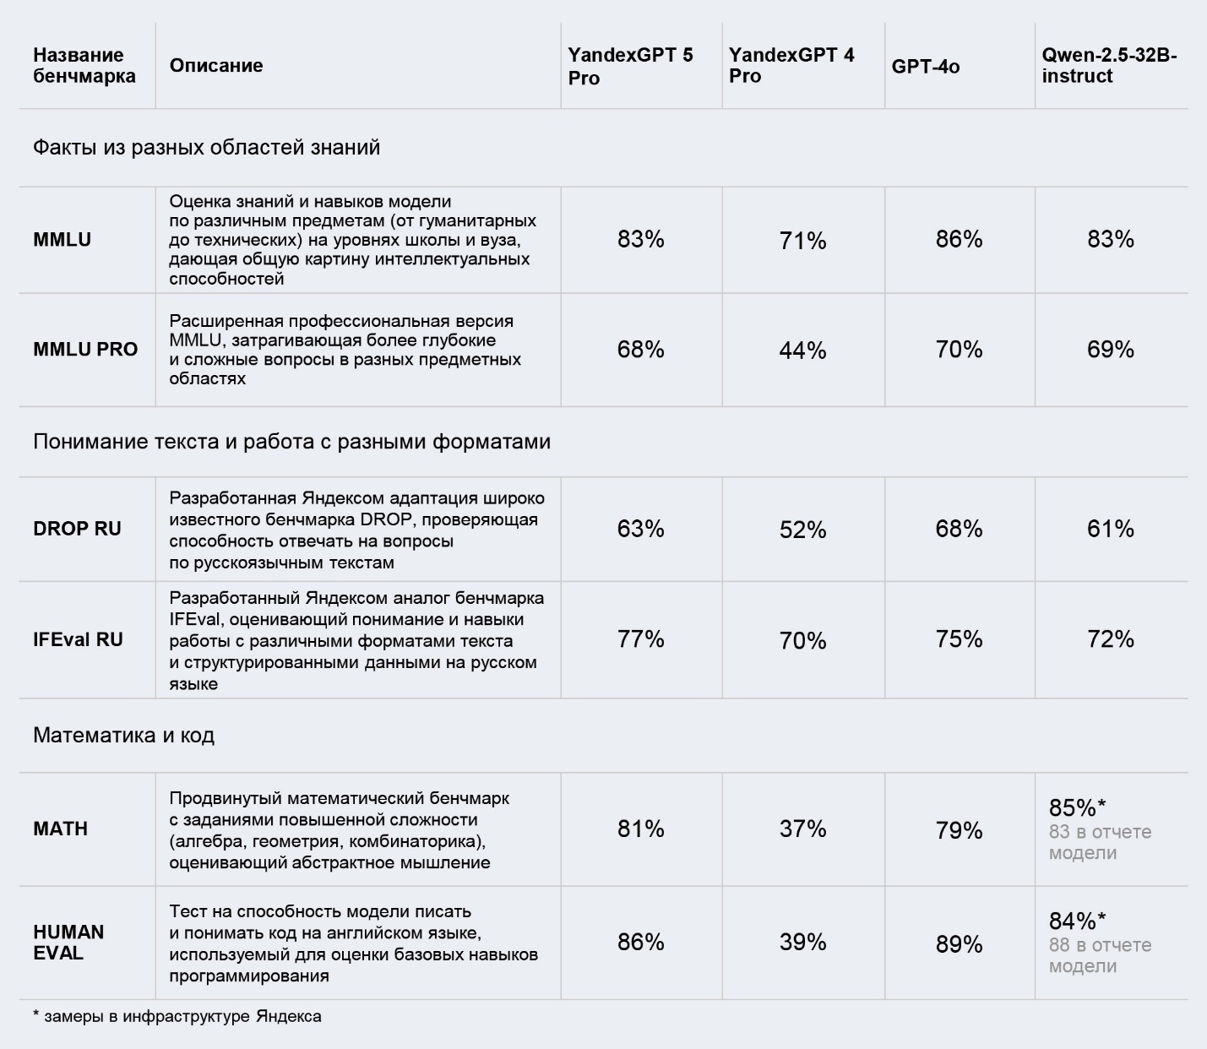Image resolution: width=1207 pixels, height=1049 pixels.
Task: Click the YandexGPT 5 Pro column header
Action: click(x=630, y=66)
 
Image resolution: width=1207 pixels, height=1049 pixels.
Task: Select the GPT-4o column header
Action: click(x=926, y=67)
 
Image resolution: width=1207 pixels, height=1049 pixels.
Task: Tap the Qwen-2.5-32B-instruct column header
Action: click(x=1109, y=65)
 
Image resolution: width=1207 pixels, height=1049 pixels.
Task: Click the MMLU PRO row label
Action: click(x=85, y=349)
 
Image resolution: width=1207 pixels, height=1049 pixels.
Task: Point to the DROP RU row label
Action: click(x=77, y=529)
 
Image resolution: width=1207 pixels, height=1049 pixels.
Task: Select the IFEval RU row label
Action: click(x=78, y=639)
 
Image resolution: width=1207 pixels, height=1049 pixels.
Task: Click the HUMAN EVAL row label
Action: click(x=68, y=943)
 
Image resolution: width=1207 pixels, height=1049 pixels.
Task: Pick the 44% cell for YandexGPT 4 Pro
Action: click(x=802, y=351)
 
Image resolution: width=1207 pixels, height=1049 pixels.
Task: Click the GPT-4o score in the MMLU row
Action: click(x=959, y=240)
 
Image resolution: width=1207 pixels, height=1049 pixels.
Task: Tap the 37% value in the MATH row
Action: click(x=802, y=829)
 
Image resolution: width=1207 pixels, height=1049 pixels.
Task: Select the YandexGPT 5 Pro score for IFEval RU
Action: click(x=640, y=639)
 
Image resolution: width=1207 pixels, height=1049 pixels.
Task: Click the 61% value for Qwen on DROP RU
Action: click(x=1110, y=530)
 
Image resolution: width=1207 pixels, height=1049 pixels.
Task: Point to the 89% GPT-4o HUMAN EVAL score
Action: click(x=959, y=944)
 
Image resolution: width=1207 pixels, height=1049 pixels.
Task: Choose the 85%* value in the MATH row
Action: click(x=1077, y=808)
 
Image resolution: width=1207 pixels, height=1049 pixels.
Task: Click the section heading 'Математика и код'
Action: click(x=123, y=736)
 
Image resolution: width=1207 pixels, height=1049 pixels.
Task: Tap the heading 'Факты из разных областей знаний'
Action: click(x=206, y=148)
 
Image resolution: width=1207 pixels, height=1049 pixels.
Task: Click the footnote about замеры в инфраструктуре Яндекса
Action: click(x=177, y=1016)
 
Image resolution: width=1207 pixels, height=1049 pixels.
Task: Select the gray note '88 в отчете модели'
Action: click(x=1100, y=955)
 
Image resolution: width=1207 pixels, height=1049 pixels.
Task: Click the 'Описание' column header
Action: click(x=216, y=66)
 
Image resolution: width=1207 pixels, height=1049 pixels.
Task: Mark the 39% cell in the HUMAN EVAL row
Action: click(x=802, y=943)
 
